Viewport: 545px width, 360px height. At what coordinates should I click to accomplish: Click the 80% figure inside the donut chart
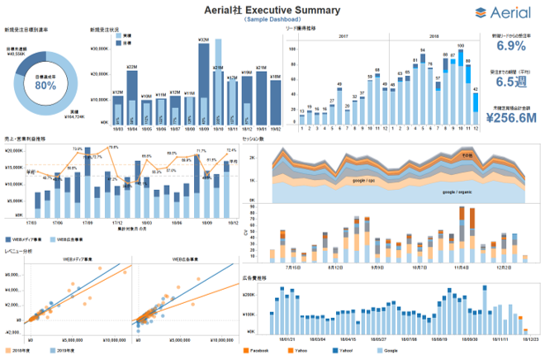(x=45, y=85)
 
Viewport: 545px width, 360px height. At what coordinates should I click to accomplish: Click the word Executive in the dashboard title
(x=273, y=10)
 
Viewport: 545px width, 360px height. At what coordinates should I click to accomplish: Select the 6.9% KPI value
(x=511, y=47)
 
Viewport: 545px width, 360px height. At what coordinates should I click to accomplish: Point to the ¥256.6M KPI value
(x=511, y=117)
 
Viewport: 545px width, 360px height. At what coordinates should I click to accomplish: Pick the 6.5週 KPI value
(x=511, y=83)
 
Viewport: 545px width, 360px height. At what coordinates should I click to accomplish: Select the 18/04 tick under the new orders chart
(x=132, y=129)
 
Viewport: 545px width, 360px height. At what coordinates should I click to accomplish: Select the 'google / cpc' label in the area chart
(x=369, y=180)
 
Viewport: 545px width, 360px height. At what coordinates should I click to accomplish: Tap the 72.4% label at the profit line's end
(x=231, y=150)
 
